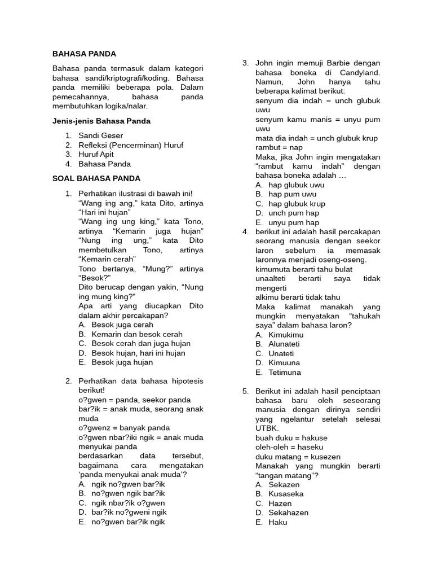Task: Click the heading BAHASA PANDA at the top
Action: coord(84,54)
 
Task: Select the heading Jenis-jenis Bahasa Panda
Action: coord(101,121)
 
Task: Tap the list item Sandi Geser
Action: coord(100,135)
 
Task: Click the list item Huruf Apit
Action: coord(96,154)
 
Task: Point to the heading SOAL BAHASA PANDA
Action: coord(96,178)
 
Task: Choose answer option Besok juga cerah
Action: coord(122,325)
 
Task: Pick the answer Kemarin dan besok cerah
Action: coord(137,334)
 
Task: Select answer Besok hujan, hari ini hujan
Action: coord(138,353)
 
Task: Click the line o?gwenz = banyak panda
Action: coord(124,428)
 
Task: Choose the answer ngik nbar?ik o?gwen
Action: coord(128,503)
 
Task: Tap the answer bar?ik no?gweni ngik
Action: coord(129,512)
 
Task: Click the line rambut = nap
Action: coord(279,147)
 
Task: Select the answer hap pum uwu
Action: coord(292,194)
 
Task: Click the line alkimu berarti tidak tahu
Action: coord(298,297)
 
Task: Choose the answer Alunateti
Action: coord(285,344)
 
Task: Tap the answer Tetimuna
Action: coord(285,372)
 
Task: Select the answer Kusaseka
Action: coord(286,494)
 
